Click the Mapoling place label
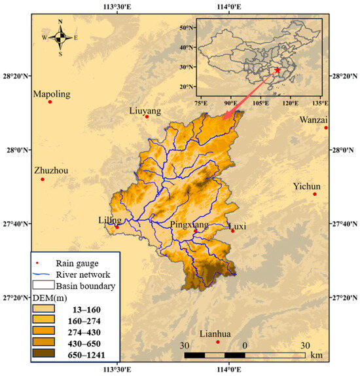tap(52, 94)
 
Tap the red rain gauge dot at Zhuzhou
tap(43, 179)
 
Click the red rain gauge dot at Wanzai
tap(325, 128)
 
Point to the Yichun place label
tap(306, 185)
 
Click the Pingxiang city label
tap(189, 225)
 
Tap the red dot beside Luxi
tap(232, 231)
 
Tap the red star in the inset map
tap(278, 70)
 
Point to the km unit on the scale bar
tap(316, 354)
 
